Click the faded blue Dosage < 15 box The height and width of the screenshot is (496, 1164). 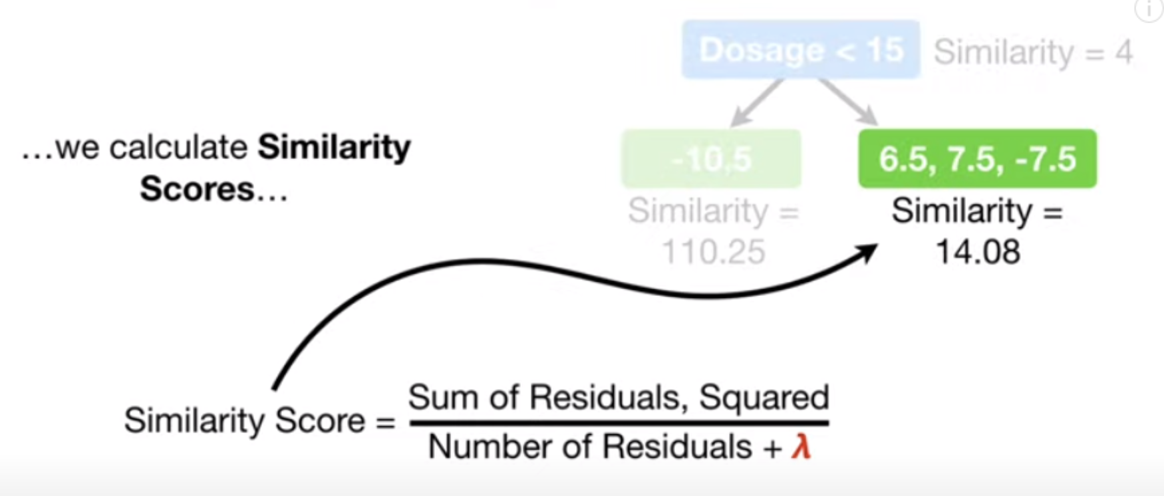point(801,50)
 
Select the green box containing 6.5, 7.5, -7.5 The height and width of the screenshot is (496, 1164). point(977,159)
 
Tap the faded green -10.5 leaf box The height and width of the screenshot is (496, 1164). point(711,159)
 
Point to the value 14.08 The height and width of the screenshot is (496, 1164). point(977,252)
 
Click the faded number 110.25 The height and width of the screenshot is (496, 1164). point(713,252)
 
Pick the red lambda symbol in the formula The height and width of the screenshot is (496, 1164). point(801,447)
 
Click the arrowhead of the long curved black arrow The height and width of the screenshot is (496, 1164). point(868,252)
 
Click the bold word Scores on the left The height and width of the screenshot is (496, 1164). point(197,189)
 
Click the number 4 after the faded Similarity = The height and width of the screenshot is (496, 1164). point(1123,52)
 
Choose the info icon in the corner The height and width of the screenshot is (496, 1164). point(1149,9)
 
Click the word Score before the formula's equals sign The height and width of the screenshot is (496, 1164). point(319,421)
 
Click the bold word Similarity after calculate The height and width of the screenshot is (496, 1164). point(334,148)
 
